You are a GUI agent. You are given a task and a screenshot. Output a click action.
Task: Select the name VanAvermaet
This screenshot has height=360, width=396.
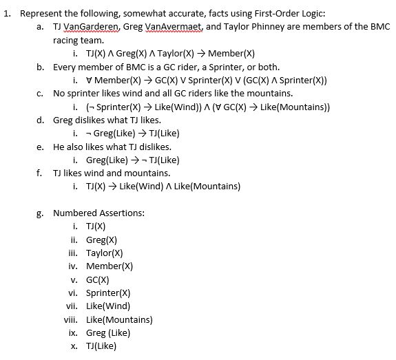pyautogui.click(x=181, y=28)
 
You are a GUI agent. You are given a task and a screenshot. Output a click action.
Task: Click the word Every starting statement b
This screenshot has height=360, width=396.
pyautogui.click(x=65, y=67)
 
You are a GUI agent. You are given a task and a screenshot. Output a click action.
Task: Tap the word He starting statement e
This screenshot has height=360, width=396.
pyautogui.click(x=60, y=147)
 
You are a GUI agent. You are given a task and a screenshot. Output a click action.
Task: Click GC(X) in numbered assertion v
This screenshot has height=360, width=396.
pyautogui.click(x=98, y=279)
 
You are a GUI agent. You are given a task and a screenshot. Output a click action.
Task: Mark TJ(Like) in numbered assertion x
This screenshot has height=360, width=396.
pyautogui.click(x=101, y=346)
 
